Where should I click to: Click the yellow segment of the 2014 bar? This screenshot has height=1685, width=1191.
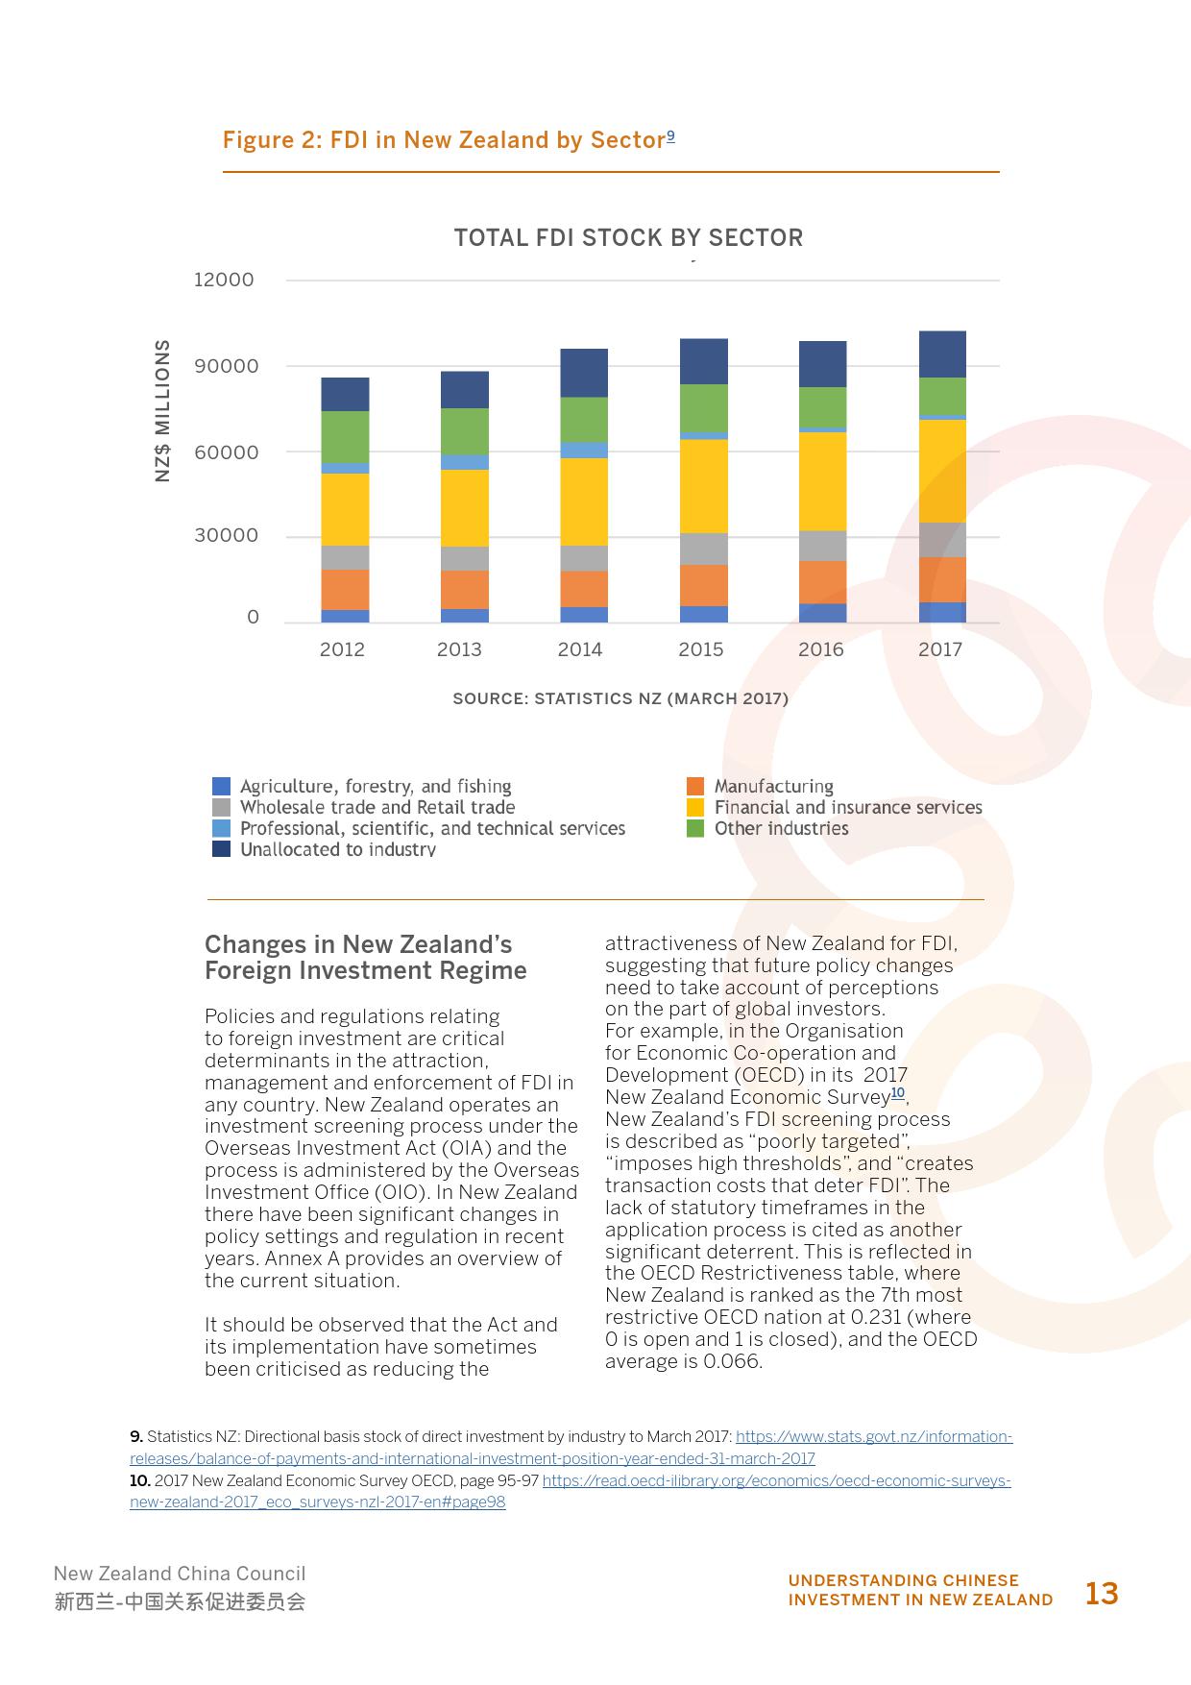pos(584,501)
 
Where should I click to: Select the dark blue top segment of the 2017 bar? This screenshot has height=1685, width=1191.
pos(942,354)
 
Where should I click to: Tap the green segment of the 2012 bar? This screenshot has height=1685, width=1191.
pos(345,436)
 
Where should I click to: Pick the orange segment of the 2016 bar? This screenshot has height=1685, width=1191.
pos(822,581)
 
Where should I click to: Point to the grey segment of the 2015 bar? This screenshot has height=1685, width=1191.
pos(704,549)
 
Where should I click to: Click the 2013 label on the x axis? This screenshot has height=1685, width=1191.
pos(459,649)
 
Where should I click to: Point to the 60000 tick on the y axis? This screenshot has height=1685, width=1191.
pos(226,452)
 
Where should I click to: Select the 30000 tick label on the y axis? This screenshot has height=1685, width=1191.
pos(226,536)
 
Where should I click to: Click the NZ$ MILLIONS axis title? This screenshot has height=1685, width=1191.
pos(162,410)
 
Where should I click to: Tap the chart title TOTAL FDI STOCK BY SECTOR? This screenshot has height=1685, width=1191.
pos(628,237)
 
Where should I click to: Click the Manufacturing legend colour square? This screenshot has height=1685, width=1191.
pos(695,787)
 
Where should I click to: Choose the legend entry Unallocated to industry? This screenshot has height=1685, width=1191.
pos(337,849)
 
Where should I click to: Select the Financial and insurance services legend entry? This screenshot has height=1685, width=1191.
pos(847,808)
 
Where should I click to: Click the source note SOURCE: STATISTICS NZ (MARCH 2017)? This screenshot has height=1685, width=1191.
pos(620,698)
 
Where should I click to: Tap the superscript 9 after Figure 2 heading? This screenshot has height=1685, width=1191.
pos(670,135)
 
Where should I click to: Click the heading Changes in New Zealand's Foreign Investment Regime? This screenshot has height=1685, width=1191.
pos(365,957)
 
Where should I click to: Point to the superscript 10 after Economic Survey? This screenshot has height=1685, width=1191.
pos(898,1093)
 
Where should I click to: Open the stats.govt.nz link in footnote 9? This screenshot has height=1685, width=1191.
pos(873,1437)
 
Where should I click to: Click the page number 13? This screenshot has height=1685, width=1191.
pos(1102,1594)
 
